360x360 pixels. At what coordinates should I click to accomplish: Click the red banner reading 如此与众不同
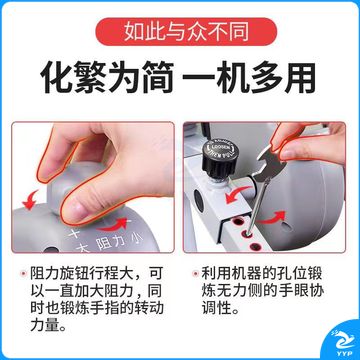186,32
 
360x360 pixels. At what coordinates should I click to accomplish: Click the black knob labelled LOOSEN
221,157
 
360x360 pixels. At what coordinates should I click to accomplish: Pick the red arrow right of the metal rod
272,217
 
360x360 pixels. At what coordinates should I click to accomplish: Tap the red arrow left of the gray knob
31,199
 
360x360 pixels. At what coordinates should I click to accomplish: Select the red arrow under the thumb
113,225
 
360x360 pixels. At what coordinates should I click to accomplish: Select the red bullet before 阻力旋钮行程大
24,274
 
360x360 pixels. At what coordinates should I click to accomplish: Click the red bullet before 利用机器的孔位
195,274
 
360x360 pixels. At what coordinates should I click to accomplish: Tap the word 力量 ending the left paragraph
43,324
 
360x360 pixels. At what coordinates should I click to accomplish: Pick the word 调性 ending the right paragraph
215,308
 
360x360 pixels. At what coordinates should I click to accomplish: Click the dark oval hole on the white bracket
199,201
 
